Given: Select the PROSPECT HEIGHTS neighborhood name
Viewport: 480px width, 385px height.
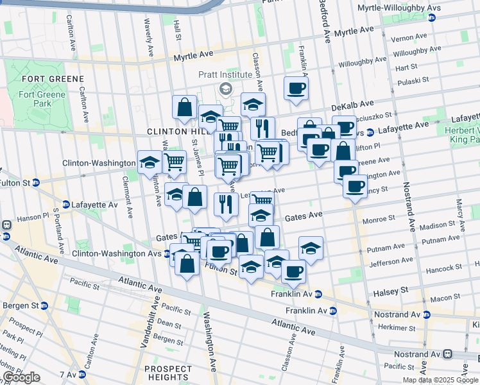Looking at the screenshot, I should pos(168,373).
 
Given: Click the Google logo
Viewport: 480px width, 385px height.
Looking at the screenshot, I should pos(21,377).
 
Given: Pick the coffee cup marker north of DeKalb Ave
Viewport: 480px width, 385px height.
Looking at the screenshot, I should pos(296,89).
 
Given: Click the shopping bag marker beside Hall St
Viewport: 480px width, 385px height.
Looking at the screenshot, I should pos(184,108).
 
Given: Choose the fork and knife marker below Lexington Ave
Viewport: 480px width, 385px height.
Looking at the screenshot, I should pos(225,204).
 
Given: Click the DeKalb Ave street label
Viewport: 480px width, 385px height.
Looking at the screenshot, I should pos(352,104).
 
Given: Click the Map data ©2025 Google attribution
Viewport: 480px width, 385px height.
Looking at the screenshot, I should pos(440,380).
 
